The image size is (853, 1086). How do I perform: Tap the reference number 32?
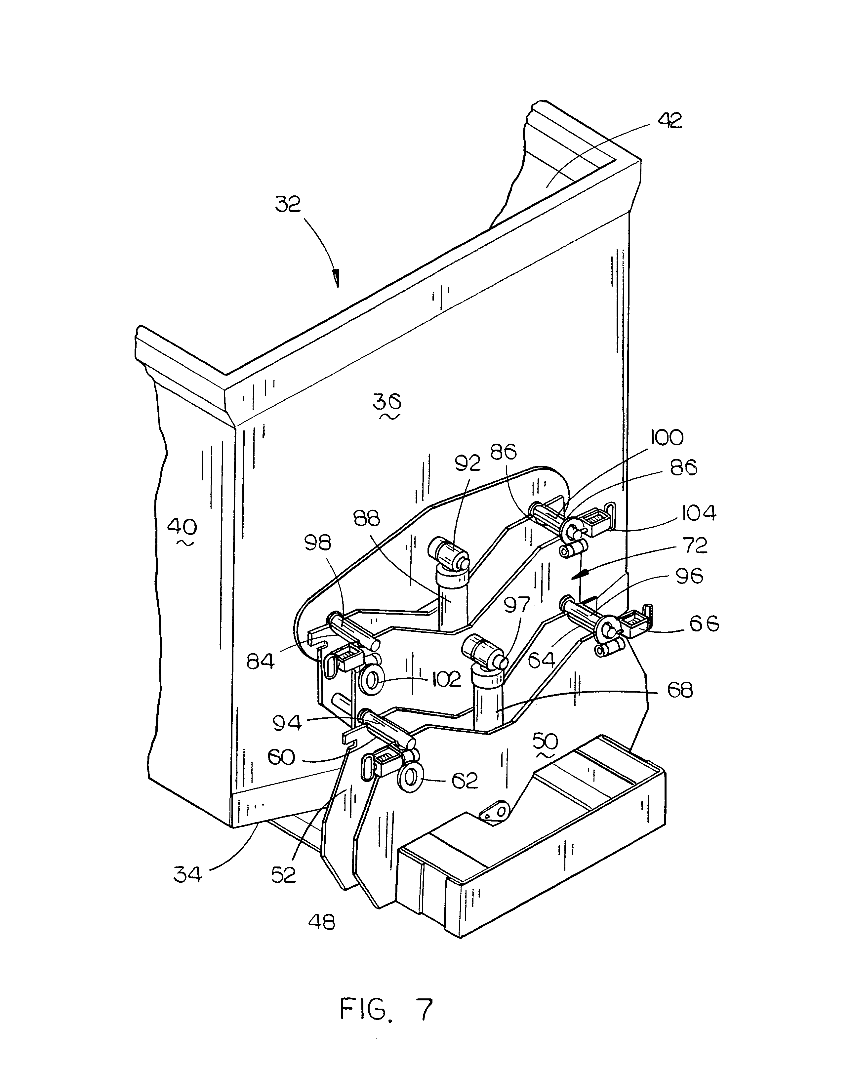[288, 204]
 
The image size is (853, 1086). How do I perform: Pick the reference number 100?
[667, 438]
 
